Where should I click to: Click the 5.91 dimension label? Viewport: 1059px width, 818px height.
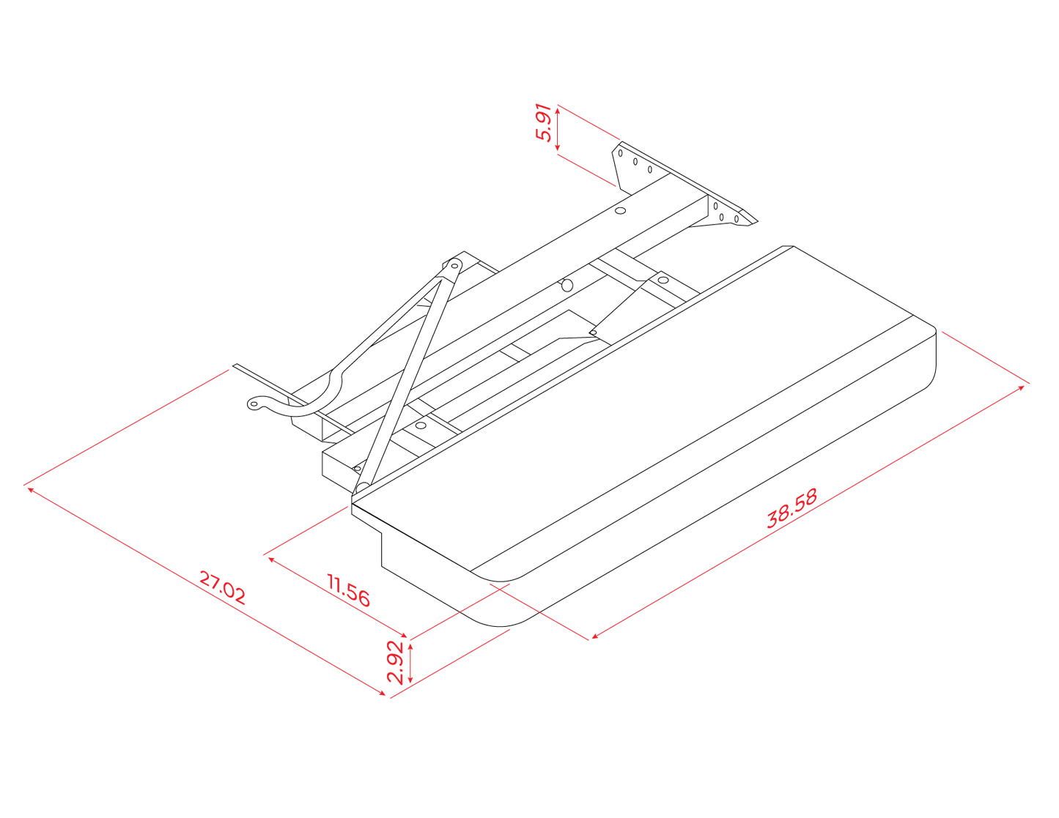[543, 122]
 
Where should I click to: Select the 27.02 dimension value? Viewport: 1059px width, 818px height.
[222, 588]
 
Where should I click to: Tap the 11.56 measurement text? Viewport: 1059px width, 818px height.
[348, 590]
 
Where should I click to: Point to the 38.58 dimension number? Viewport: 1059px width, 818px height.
[792, 508]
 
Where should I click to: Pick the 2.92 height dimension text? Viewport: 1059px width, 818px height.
[395, 663]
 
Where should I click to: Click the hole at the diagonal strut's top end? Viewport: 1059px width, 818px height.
[454, 266]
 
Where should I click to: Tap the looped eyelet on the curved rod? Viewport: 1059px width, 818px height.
[254, 404]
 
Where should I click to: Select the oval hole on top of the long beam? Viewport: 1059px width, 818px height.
[621, 210]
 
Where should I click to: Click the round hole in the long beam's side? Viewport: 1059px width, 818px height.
[567, 286]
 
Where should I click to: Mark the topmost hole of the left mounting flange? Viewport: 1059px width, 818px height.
[621, 153]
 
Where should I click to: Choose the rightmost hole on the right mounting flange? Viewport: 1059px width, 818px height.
[737, 219]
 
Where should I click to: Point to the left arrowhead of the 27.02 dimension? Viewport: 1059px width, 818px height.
[30, 489]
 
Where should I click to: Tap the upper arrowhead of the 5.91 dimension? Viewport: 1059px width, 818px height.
[558, 110]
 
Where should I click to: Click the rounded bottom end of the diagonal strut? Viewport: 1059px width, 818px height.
[362, 488]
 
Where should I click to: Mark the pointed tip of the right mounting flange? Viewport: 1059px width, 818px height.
[756, 222]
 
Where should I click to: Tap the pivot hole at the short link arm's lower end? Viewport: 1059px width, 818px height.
[593, 332]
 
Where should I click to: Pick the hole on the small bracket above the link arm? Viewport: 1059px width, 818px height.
[663, 280]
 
